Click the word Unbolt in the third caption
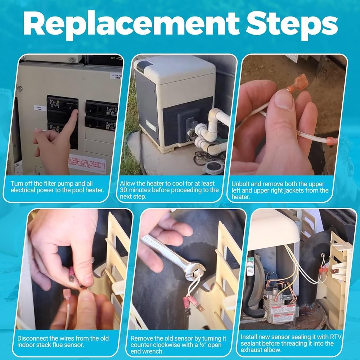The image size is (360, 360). click(x=241, y=183)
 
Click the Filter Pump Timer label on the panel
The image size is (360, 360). click(x=116, y=77)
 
